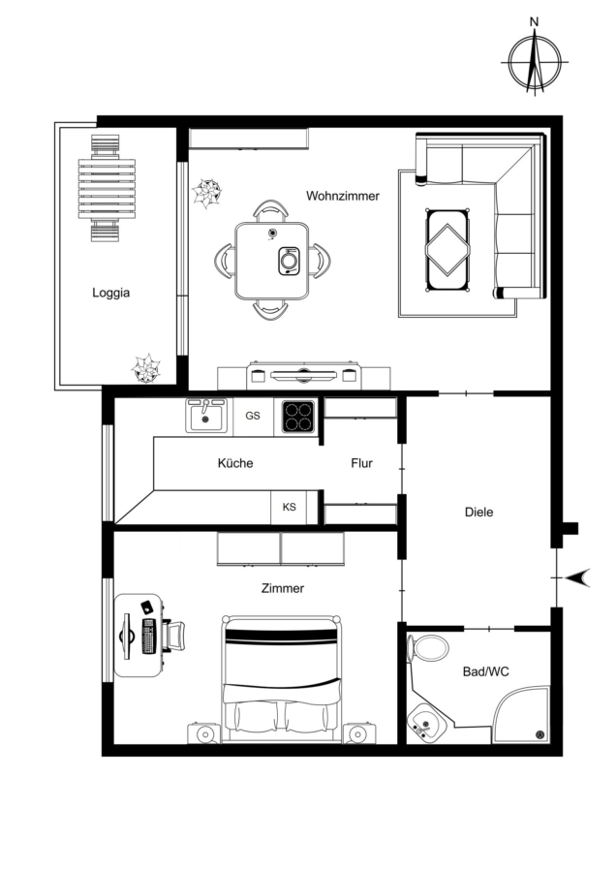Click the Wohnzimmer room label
coord(343,196)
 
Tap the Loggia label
coord(111,293)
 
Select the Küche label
coord(235,463)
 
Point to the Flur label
coord(361,463)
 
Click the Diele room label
coord(478,512)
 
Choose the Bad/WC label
coord(485,671)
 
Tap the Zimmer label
coord(283,588)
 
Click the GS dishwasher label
coord(253,416)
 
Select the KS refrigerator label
coord(289,507)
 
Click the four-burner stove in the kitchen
coord(298,417)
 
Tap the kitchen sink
coord(205,416)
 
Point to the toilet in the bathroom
coord(428,648)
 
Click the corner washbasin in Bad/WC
coord(424,723)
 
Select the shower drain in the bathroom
coord(539,734)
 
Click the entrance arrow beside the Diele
coord(577,578)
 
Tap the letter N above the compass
coord(535,22)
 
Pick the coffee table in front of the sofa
coord(447,250)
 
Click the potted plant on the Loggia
coord(145,368)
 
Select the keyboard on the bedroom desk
coord(148,636)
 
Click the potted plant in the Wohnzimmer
coord(207,193)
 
